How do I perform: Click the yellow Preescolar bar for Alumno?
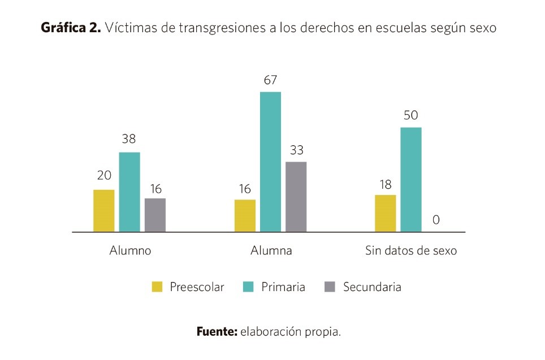tap(103, 210)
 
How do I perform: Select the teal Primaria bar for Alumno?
tap(129, 192)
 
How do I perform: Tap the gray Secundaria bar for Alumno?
tap(155, 215)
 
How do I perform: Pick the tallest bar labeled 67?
tap(270, 162)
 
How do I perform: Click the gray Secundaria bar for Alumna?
tap(296, 197)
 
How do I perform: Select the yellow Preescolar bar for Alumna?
tap(245, 215)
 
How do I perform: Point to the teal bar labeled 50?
tap(411, 179)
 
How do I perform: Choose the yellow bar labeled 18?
tap(385, 213)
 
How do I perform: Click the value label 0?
tap(436, 220)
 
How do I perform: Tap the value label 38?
tap(129, 139)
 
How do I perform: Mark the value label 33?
tap(296, 150)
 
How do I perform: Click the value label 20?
tap(103, 177)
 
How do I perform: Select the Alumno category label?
tap(130, 250)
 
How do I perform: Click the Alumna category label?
tap(271, 250)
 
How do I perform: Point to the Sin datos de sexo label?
tap(411, 250)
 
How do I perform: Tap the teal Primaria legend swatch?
tap(248, 287)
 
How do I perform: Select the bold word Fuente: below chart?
tap(217, 332)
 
